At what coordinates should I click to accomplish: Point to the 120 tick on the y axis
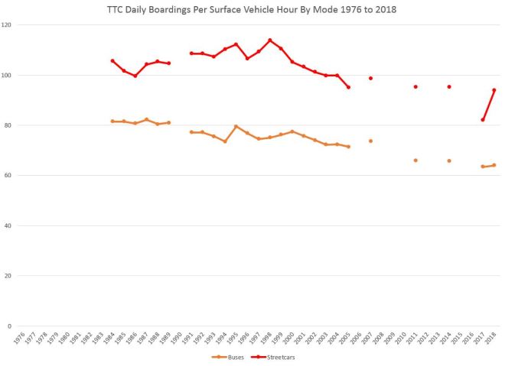tap(7, 25)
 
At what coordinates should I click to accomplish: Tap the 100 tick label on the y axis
tap(7, 76)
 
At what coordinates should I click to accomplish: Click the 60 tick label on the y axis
tap(8, 176)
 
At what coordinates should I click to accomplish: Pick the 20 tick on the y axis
tap(8, 276)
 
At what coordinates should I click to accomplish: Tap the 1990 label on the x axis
tap(178, 336)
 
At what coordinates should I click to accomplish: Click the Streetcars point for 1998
tap(269, 40)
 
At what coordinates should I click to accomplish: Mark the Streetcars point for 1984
tap(112, 61)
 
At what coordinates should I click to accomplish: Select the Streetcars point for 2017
tap(483, 120)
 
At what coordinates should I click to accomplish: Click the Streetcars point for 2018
tap(494, 90)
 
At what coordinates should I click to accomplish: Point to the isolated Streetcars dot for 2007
tap(370, 78)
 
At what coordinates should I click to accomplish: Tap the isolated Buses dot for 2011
tap(415, 160)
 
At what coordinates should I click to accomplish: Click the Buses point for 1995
tap(236, 126)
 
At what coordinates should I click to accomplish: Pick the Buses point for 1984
tap(112, 121)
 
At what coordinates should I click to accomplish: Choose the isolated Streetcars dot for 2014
tap(449, 87)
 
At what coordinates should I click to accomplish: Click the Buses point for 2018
tap(494, 165)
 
